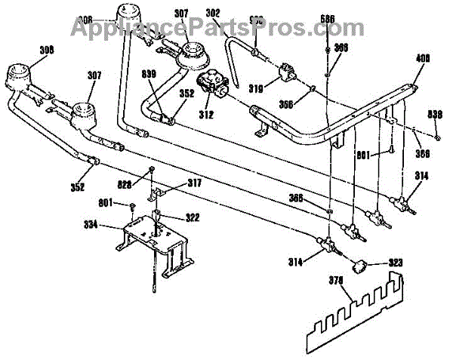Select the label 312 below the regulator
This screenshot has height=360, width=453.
pyautogui.click(x=205, y=115)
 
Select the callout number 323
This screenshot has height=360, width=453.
pyautogui.click(x=395, y=263)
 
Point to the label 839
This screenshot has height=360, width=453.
pyautogui.click(x=151, y=74)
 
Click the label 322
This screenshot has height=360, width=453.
pyautogui.click(x=193, y=217)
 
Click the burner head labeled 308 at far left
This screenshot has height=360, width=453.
pyautogui.click(x=18, y=74)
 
